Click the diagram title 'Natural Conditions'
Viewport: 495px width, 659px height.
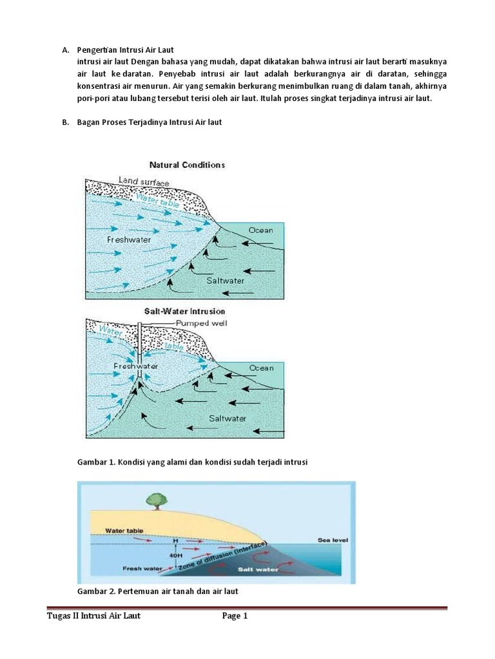pyautogui.click(x=187, y=165)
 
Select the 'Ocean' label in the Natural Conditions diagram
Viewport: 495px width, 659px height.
pyautogui.click(x=260, y=230)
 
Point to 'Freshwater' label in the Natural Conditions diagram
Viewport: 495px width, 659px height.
pyautogui.click(x=129, y=239)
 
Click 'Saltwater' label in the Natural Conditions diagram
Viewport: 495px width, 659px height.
pyautogui.click(x=226, y=281)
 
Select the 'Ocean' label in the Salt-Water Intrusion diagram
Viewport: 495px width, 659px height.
pyautogui.click(x=261, y=367)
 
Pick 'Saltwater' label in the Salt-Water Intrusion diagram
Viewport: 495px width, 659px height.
pyautogui.click(x=228, y=418)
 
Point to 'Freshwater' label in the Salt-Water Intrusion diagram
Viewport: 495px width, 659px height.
pyautogui.click(x=135, y=366)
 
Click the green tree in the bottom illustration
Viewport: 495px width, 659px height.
pyautogui.click(x=154, y=499)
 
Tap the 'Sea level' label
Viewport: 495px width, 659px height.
pyautogui.click(x=333, y=540)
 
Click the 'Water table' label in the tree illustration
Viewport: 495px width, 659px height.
pyautogui.click(x=124, y=531)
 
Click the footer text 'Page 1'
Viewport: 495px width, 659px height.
pyautogui.click(x=235, y=616)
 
